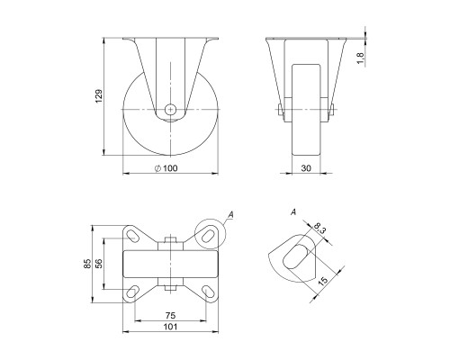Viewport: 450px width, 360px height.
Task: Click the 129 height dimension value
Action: (x=99, y=95)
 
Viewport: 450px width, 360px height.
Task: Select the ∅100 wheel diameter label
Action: (x=168, y=167)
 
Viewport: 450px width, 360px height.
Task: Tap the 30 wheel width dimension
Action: (x=305, y=167)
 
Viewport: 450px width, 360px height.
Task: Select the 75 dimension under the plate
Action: (x=170, y=315)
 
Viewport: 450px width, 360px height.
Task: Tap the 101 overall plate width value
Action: (x=170, y=327)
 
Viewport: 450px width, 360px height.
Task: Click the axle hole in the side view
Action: (x=170, y=109)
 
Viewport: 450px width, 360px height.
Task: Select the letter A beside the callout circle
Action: (x=231, y=214)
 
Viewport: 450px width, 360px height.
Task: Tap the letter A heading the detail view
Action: (x=293, y=213)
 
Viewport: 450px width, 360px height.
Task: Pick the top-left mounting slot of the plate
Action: (x=131, y=236)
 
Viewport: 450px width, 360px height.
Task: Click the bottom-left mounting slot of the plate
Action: (x=131, y=290)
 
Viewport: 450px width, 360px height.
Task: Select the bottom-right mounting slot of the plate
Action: (x=208, y=290)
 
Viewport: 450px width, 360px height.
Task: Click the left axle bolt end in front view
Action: (x=279, y=111)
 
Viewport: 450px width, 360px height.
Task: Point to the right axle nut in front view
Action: (x=332, y=111)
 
